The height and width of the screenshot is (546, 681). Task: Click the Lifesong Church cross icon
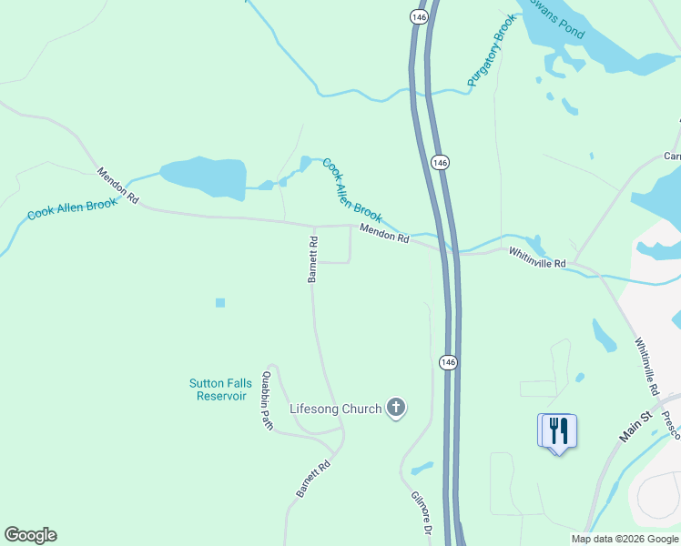[x=395, y=408]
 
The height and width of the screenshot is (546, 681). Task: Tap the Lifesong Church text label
[x=335, y=409]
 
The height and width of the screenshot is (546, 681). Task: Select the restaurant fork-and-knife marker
[x=558, y=431]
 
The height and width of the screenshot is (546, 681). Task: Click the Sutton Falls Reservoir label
[x=219, y=389]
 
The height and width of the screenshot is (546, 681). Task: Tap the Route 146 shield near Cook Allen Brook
[x=441, y=162]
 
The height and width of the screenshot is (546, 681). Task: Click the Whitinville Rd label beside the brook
[x=537, y=258]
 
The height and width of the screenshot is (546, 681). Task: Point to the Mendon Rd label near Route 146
[x=384, y=234]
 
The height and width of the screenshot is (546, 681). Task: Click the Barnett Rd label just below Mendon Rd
[x=312, y=260]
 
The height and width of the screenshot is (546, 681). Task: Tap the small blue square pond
[x=219, y=303]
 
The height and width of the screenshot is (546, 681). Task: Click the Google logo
[x=30, y=535]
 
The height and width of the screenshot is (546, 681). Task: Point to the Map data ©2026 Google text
[x=625, y=539]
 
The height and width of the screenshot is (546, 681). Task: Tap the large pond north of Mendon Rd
[x=203, y=177]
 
